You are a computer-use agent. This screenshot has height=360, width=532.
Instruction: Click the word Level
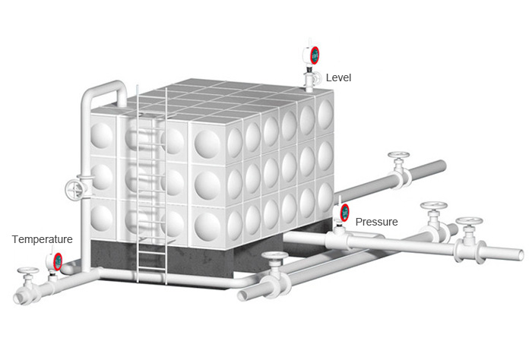[x=338, y=77]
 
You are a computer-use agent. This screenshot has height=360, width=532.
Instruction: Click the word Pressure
[x=377, y=222]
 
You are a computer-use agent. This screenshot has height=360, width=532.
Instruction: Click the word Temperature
[x=42, y=238]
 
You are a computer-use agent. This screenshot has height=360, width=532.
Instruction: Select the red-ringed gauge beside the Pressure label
[x=344, y=212]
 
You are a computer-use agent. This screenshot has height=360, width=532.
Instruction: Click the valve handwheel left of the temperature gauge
[x=30, y=271]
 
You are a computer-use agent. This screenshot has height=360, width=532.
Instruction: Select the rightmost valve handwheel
[x=467, y=223]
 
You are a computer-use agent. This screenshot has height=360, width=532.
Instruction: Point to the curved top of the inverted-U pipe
[x=106, y=86]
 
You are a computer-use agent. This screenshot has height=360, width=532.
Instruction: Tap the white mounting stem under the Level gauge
[x=311, y=78]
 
